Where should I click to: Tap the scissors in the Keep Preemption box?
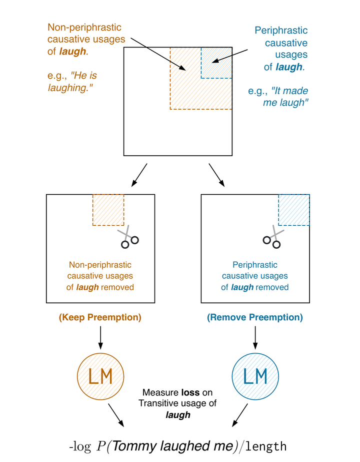[128, 237]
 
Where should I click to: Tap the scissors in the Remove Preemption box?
[273, 237]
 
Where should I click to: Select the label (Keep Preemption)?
[100, 317]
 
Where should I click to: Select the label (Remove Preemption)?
[255, 317]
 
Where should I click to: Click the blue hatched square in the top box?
[216, 63]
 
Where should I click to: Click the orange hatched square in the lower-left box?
[108, 210]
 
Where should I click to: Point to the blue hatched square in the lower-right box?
[294, 210]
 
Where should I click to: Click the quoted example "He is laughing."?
[72, 82]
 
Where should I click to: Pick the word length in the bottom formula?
[266, 446]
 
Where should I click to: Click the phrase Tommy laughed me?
[173, 446]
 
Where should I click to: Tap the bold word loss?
[190, 392]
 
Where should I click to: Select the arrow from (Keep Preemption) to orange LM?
[100, 338]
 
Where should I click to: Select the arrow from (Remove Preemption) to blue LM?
[255, 338]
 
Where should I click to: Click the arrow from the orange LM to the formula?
[116, 415]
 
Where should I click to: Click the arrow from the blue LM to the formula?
[240, 415]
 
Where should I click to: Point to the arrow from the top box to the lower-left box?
[139, 175]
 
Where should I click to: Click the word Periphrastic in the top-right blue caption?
[281, 31]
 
